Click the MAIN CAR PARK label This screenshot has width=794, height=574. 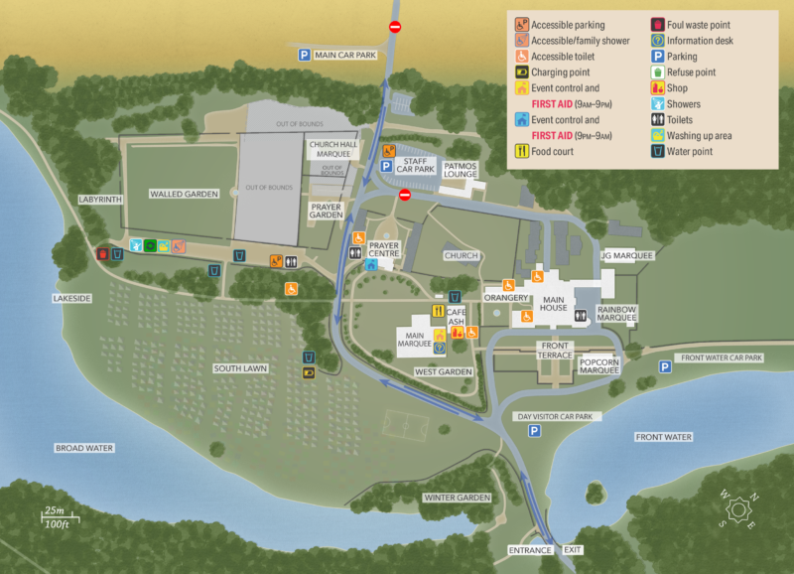click(x=345, y=56)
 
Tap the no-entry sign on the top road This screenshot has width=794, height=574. click(x=395, y=27)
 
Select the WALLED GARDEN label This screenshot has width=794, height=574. click(x=184, y=195)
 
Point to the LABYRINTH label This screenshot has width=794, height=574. click(x=100, y=200)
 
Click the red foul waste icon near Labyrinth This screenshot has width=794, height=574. click(x=102, y=254)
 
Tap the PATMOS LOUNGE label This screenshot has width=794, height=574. click(x=461, y=170)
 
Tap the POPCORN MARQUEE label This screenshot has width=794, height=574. click(x=599, y=365)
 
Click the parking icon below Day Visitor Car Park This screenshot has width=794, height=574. click(x=534, y=431)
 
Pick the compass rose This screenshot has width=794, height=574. click(x=739, y=509)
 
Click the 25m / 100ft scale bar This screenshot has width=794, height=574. click(x=59, y=517)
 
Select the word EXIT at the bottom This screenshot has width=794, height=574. click(x=573, y=550)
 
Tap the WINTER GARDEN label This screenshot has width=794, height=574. click(x=458, y=498)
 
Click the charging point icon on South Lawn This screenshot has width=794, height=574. click(x=309, y=372)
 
